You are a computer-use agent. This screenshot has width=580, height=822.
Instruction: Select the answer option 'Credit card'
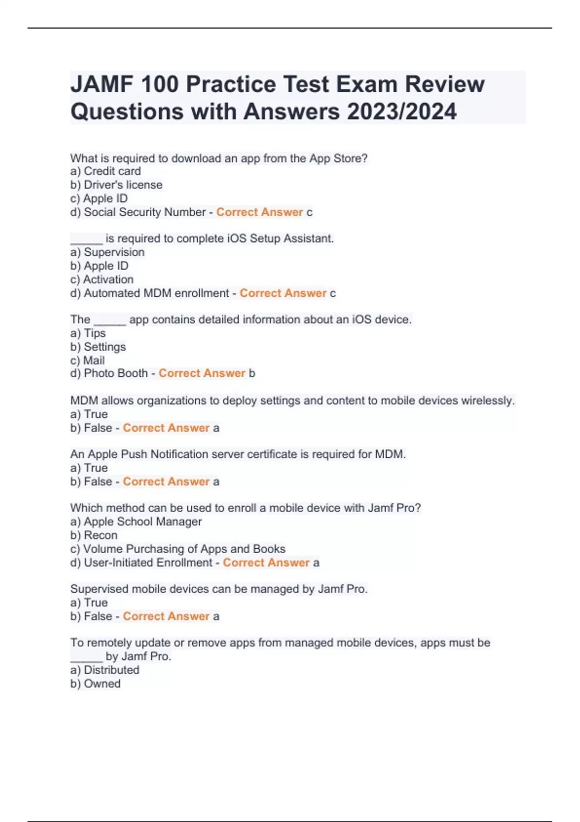(x=112, y=171)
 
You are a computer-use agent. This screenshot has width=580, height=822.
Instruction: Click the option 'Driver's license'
(x=123, y=185)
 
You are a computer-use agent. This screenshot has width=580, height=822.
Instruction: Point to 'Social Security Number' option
(x=145, y=212)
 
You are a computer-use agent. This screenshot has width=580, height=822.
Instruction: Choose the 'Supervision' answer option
(x=114, y=252)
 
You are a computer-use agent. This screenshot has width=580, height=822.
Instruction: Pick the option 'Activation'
(x=108, y=279)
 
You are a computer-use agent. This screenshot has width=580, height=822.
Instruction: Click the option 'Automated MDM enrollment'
(x=156, y=293)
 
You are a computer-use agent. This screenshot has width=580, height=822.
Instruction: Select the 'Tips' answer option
(x=95, y=333)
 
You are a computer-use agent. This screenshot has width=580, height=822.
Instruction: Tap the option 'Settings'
(x=104, y=347)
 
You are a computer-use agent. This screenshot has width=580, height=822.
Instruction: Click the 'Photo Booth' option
(x=116, y=373)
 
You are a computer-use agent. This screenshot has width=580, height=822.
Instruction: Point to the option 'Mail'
(x=94, y=360)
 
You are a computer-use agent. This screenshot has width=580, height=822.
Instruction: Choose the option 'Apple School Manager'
(x=143, y=522)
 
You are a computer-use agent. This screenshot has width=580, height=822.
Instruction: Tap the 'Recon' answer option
(x=101, y=535)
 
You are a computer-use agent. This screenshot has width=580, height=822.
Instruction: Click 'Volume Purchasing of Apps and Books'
(x=184, y=549)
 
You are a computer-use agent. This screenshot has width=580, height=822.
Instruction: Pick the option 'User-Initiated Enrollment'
(x=148, y=563)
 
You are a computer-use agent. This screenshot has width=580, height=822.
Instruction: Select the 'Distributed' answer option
(x=111, y=670)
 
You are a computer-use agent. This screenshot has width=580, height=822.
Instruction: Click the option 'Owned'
(x=102, y=684)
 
